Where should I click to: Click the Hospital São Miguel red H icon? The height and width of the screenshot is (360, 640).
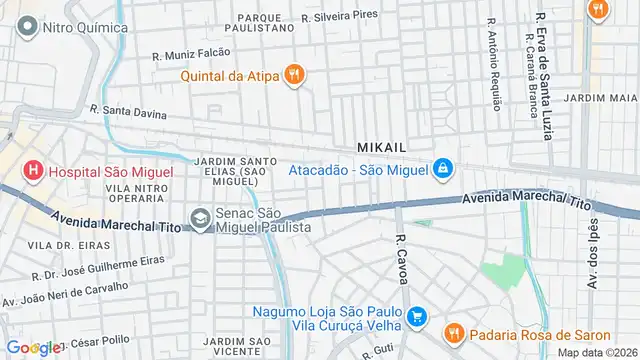(32, 171)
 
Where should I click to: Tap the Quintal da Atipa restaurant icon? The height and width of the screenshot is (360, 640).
(294, 74)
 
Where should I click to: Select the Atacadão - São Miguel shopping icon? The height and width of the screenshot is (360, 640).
(442, 170)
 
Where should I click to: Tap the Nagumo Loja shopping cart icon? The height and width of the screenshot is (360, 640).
(419, 318)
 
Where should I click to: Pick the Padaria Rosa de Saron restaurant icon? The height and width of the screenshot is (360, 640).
(452, 332)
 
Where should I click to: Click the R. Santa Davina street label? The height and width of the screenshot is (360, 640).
(128, 112)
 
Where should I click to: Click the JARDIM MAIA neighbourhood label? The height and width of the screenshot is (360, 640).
(600, 98)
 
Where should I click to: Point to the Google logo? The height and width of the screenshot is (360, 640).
(31, 347)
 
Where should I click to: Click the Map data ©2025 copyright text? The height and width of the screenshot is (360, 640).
(597, 351)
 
